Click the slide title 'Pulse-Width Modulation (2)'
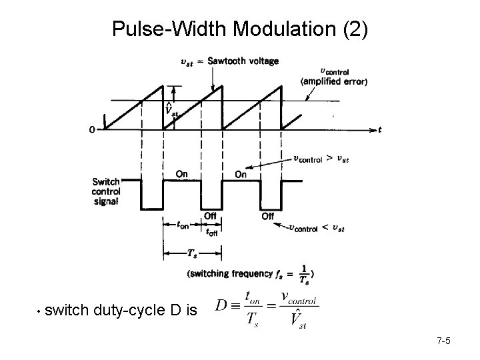239,29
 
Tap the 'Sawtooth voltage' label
243,61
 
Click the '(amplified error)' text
334,81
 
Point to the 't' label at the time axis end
380,130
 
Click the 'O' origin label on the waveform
91,130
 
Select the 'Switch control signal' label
107,192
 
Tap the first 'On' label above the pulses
181,174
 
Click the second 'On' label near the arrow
240,174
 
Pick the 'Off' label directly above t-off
210,215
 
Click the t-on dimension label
182,225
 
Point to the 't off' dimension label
211,232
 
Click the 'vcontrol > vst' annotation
321,159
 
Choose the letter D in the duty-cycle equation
224,307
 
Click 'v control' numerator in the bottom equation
299,296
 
